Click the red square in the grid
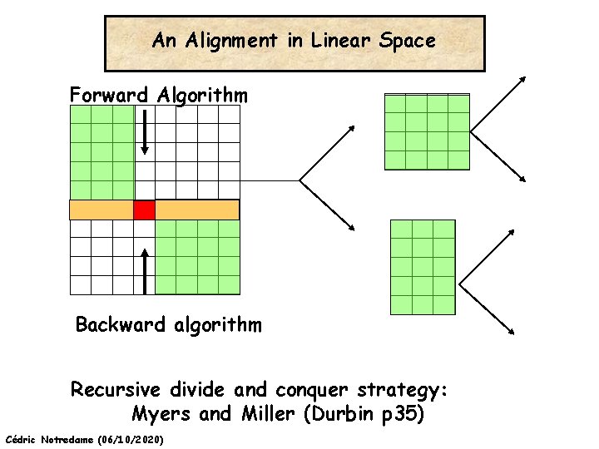point(145,210)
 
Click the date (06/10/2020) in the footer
point(130,438)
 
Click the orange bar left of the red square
point(101,210)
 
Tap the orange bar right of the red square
point(197,210)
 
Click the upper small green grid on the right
point(427,131)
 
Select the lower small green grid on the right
point(423,267)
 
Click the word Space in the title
point(407,40)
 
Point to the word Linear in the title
point(340,40)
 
